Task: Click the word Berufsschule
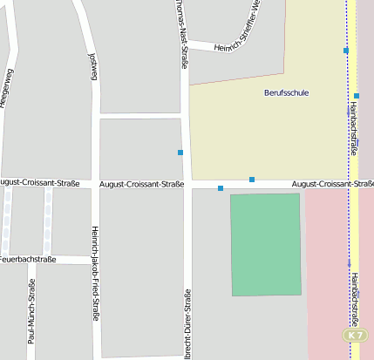pyautogui.click(x=286, y=92)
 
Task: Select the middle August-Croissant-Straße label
pyautogui.click(x=142, y=184)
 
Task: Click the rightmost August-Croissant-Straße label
pyautogui.click(x=332, y=184)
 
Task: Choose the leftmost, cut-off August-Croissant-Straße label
pyautogui.click(x=39, y=183)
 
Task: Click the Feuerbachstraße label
pyautogui.click(x=27, y=259)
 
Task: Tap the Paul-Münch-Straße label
pyautogui.click(x=31, y=312)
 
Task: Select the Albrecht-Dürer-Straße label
pyautogui.click(x=187, y=323)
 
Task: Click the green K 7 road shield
pyautogui.click(x=353, y=335)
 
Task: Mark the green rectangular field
pyautogui.click(x=266, y=245)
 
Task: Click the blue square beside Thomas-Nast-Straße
pyautogui.click(x=180, y=153)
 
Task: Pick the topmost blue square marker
pyautogui.click(x=346, y=51)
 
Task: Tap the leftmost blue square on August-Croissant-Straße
pyautogui.click(x=221, y=188)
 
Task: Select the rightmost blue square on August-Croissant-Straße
pyautogui.click(x=252, y=180)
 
